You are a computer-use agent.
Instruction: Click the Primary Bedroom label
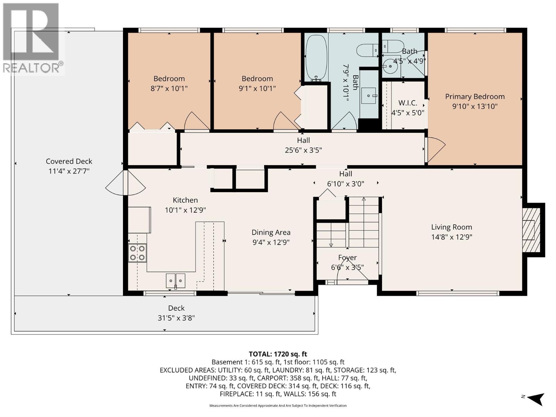(475, 97)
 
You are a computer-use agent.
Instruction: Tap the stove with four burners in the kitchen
(137, 253)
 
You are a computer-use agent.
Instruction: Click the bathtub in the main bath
(316, 58)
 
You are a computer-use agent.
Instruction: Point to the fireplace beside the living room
(532, 230)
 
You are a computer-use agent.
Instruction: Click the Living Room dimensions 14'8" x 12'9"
(451, 237)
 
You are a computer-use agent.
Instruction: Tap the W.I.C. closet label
(408, 103)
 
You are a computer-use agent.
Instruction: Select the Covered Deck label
(69, 161)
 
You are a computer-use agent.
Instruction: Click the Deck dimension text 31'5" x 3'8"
(176, 318)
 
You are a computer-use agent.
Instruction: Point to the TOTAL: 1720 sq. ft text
(278, 354)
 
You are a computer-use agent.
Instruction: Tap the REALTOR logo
(33, 38)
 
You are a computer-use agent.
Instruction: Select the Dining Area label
(271, 232)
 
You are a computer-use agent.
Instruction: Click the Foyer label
(347, 257)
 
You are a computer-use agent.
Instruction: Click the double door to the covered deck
(125, 183)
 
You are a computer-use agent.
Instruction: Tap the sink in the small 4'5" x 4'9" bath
(391, 65)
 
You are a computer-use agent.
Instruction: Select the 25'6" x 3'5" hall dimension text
(303, 150)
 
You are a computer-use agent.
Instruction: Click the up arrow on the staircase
(363, 200)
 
